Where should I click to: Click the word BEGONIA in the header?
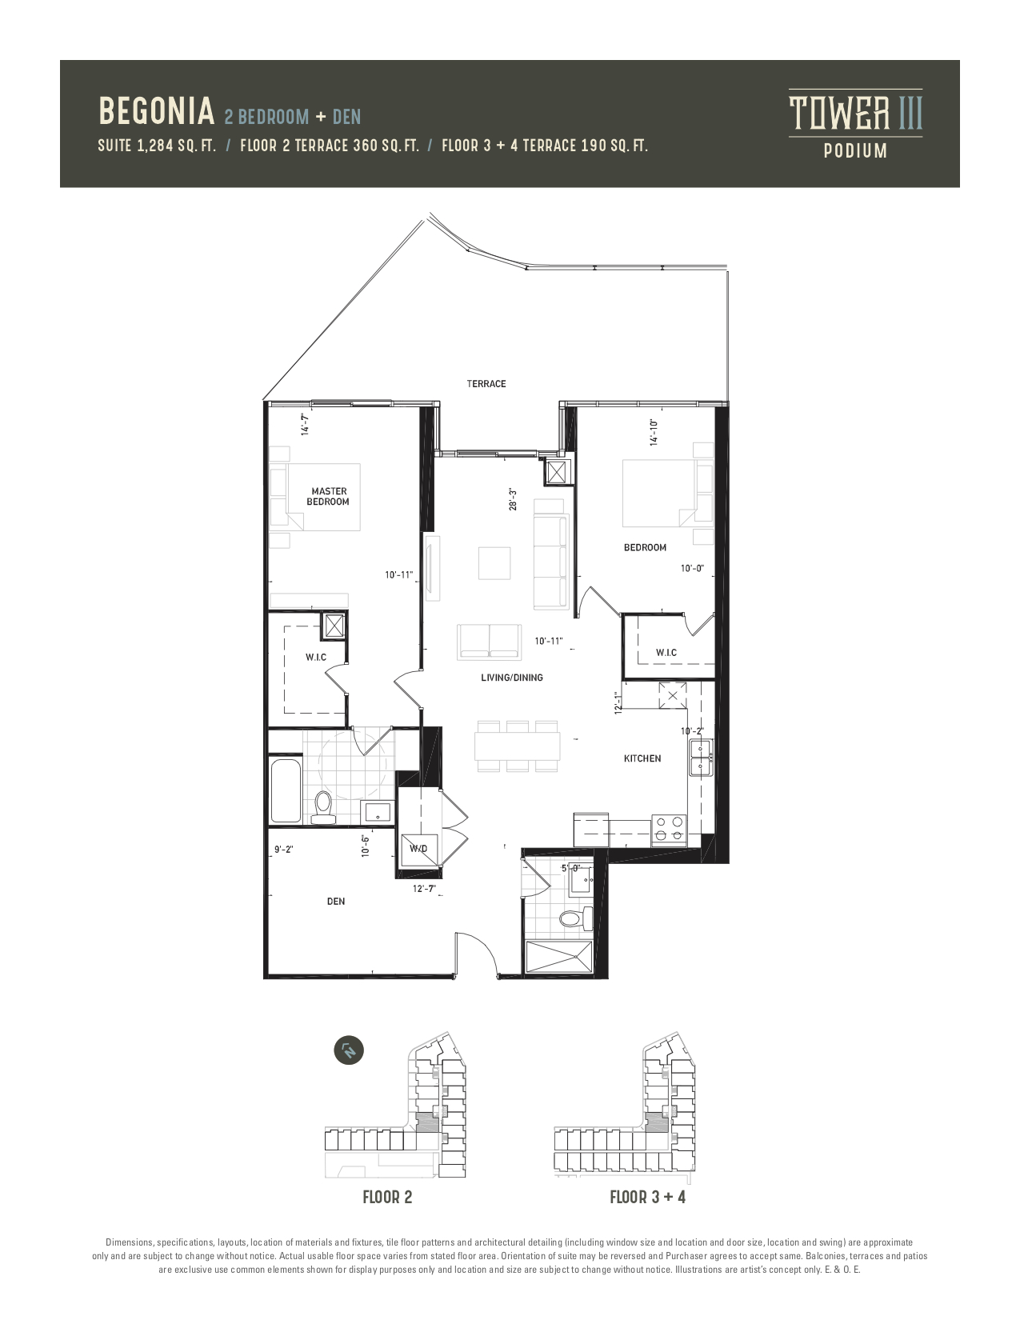pos(157,111)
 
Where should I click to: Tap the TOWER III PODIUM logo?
pos(855,124)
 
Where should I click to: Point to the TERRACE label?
pos(486,384)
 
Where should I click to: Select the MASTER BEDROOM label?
pos(329,496)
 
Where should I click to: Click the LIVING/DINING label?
pos(512,678)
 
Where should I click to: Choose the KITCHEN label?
pos(642,758)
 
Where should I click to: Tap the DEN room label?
pos(336,902)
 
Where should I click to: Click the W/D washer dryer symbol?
pos(418,849)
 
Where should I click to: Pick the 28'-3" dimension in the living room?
pos(513,499)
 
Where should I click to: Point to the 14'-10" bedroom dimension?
pos(654,433)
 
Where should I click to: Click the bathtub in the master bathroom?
pos(286,790)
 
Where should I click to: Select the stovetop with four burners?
pos(669,830)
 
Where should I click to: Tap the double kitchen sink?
pos(701,758)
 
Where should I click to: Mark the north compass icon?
pos(349,1050)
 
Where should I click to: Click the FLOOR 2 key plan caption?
pos(387,1198)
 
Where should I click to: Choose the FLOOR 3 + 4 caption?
pos(647,1198)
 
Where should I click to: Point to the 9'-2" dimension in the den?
pos(284,850)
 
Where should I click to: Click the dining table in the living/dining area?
pos(517,746)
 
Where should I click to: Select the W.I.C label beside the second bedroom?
pos(666,653)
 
